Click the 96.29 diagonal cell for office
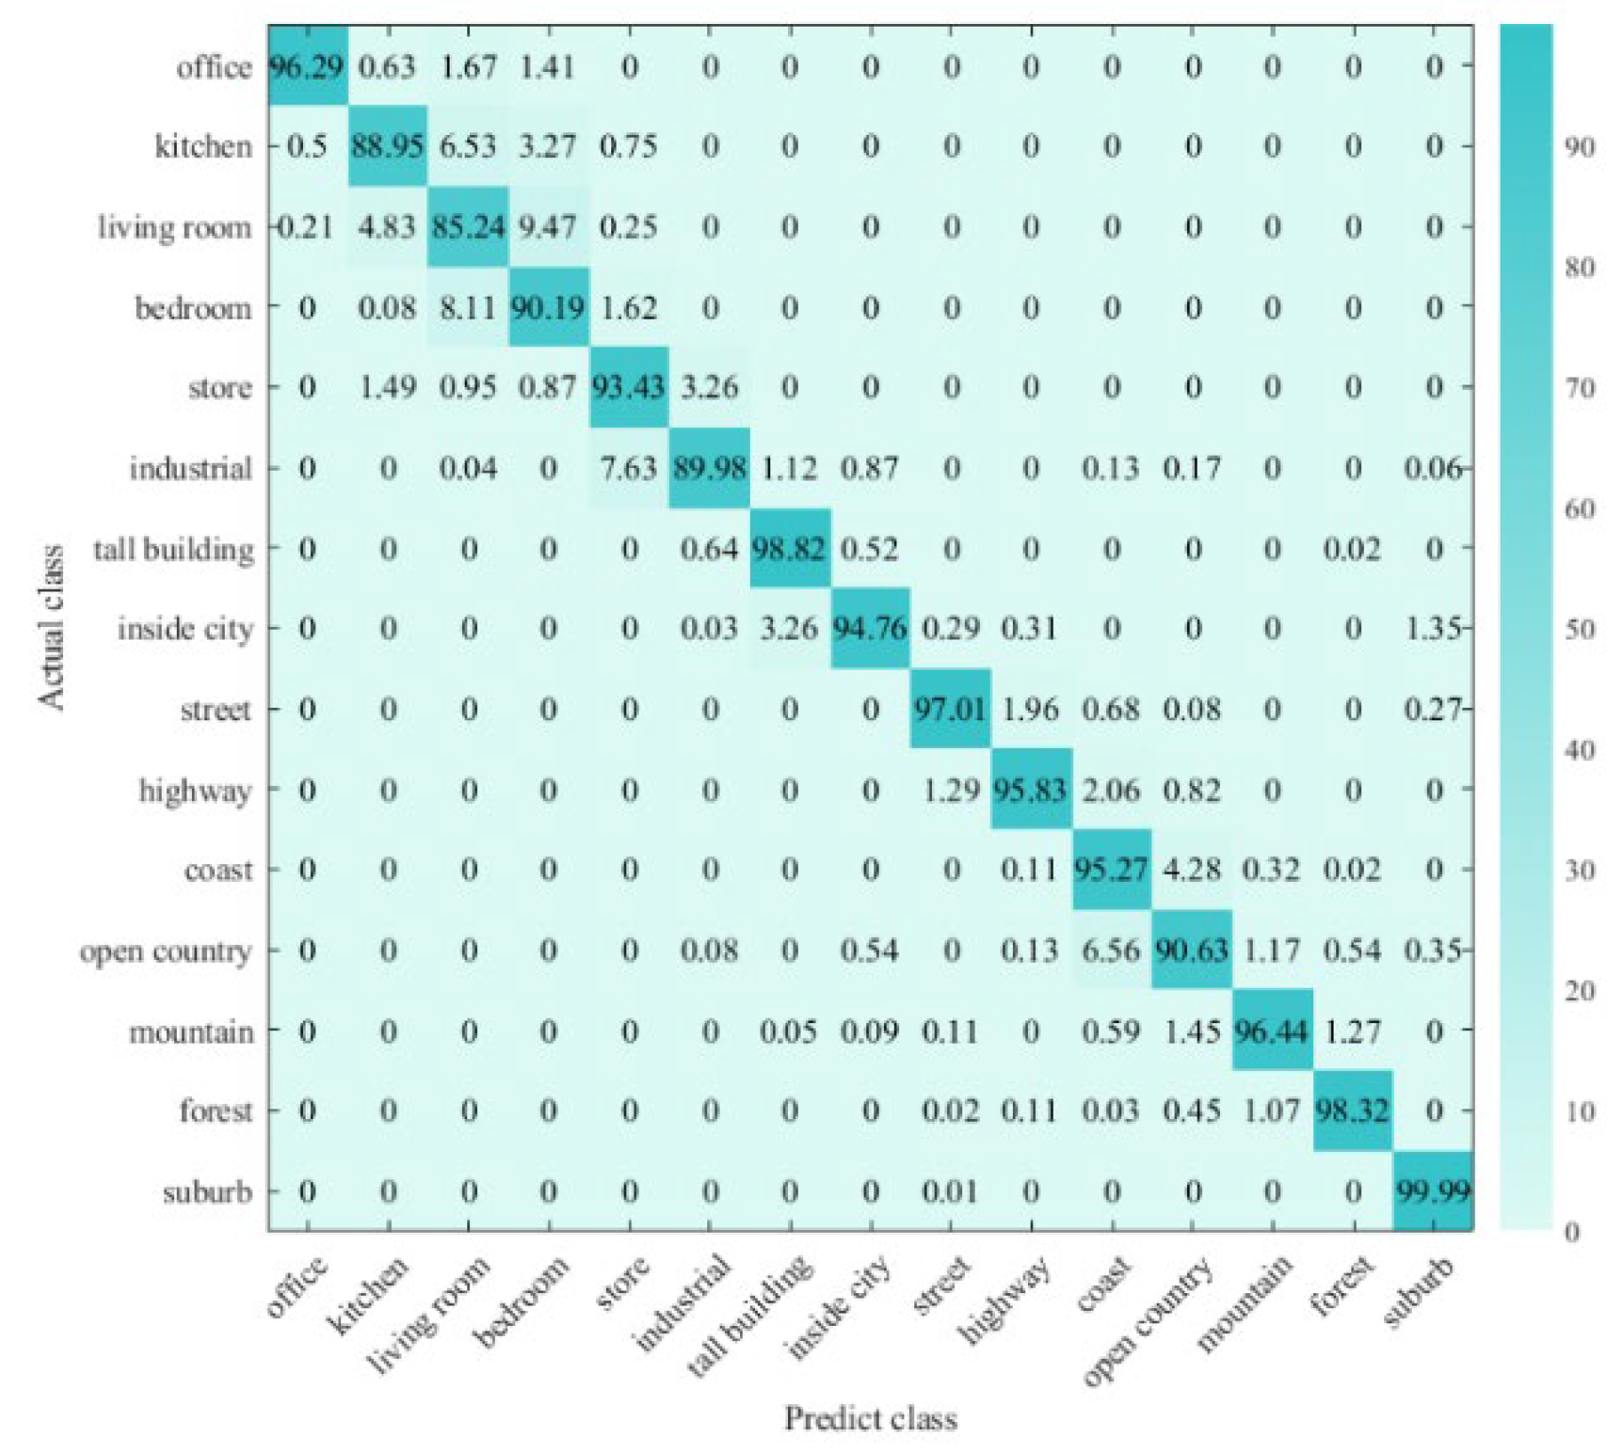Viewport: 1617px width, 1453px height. tap(307, 67)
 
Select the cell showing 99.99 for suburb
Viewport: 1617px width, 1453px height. tap(1432, 1190)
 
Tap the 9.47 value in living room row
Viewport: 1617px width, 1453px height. tap(548, 227)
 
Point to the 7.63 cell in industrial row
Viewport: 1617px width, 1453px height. tap(629, 468)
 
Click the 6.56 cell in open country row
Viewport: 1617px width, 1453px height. tap(1111, 950)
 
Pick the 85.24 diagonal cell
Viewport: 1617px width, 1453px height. tap(468, 227)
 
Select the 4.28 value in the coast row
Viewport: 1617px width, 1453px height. tap(1191, 869)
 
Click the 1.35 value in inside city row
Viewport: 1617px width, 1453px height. tap(1434, 629)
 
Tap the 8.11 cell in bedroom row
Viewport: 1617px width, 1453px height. tap(468, 308)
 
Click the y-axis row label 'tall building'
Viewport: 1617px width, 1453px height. tap(174, 550)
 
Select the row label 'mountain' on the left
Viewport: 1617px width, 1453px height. tap(191, 1032)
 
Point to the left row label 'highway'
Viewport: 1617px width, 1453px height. tap(195, 790)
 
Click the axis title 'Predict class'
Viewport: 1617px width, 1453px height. tap(871, 1418)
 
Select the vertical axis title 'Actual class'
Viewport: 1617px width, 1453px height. tap(52, 627)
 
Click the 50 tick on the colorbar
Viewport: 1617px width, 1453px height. tap(1580, 629)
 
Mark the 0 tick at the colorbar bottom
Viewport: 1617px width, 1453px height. tap(1573, 1232)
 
